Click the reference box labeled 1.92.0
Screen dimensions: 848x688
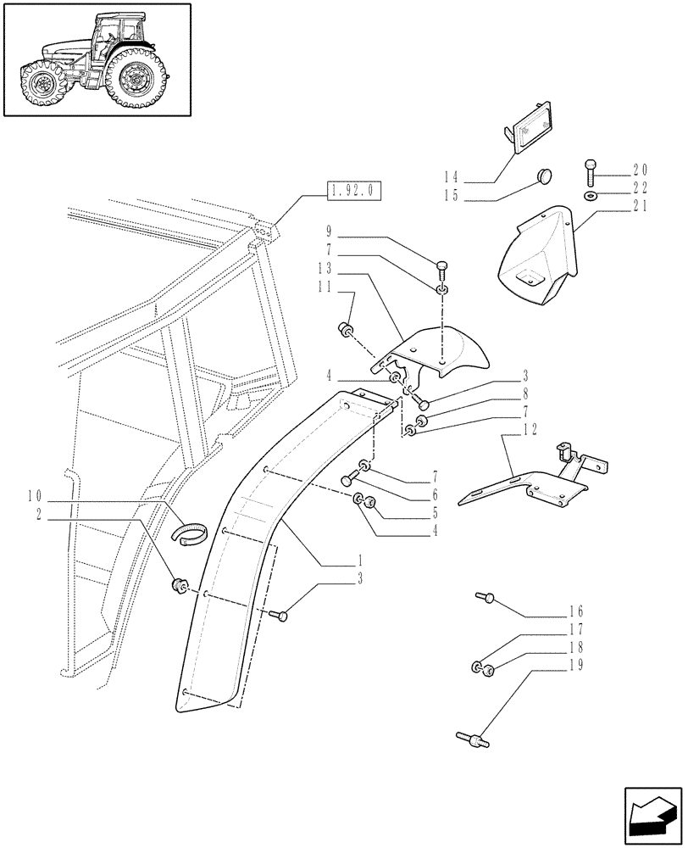353,190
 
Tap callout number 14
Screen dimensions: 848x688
450,177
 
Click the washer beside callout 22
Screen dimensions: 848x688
589,197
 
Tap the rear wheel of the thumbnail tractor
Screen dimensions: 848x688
134,82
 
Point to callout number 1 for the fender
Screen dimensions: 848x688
361,561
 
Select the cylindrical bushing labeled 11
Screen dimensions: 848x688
346,329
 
